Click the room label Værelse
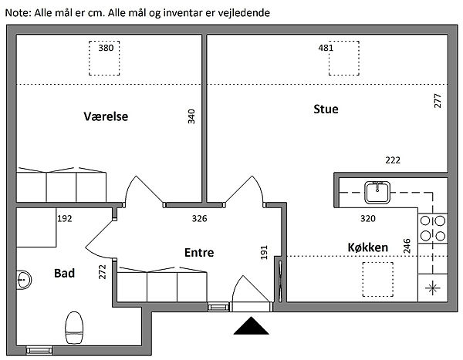(x=106, y=116)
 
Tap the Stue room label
(x=326, y=109)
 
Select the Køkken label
(x=367, y=247)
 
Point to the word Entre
(x=199, y=253)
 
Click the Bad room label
(x=64, y=273)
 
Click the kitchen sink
(x=377, y=193)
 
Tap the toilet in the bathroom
(x=74, y=328)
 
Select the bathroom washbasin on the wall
(x=24, y=279)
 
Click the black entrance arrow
(x=251, y=326)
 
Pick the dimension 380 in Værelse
(x=106, y=48)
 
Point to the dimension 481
(x=326, y=48)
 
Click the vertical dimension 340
(x=191, y=116)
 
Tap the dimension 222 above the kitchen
(x=393, y=160)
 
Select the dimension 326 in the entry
(x=199, y=218)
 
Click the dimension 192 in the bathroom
(x=64, y=218)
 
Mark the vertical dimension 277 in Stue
(x=438, y=101)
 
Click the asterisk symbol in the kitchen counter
(x=433, y=288)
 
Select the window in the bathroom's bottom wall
(x=39, y=351)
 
